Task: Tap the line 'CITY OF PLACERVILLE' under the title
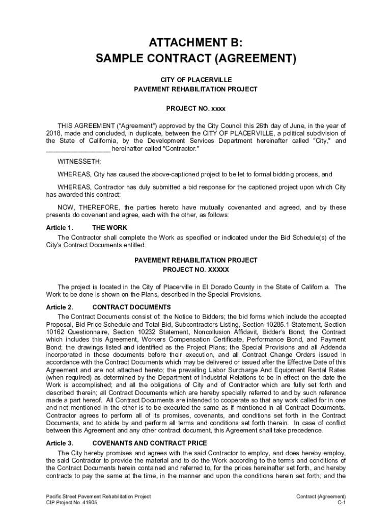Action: coord(196,80)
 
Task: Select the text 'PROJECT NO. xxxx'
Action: coord(196,109)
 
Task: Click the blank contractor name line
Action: coord(78,149)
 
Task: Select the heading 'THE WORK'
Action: coord(109,227)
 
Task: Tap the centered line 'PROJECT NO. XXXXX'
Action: coord(196,269)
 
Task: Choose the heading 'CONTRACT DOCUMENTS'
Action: coord(131,307)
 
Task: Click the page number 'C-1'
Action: coord(342,503)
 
